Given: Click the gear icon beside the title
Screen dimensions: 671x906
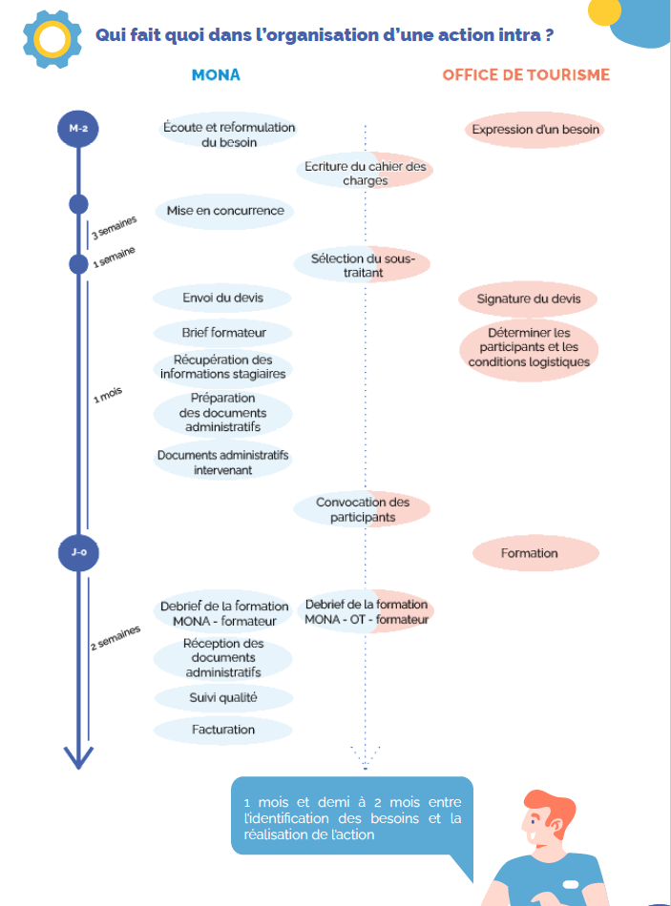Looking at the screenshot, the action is click(52, 39).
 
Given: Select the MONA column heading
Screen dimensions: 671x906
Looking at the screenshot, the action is click(216, 75).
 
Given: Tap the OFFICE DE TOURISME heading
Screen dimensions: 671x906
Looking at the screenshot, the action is click(526, 75).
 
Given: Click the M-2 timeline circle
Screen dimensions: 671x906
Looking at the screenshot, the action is click(78, 129).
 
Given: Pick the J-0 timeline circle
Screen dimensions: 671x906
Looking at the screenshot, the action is click(78, 553).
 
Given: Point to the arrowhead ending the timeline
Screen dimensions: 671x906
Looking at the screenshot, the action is click(78, 757).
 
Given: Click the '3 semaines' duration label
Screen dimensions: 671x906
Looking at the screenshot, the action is click(114, 227).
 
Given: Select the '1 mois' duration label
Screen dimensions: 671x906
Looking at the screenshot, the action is click(108, 395).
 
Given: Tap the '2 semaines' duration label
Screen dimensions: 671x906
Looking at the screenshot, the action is click(115, 638).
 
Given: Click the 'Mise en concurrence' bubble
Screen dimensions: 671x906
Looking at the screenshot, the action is click(225, 211).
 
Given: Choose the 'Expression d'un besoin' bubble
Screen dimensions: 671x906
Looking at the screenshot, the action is click(535, 130).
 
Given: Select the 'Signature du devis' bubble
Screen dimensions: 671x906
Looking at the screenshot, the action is click(528, 299).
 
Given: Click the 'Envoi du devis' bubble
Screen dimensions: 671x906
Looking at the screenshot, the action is click(222, 299).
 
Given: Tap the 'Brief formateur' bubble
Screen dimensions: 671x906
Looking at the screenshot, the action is click(223, 333).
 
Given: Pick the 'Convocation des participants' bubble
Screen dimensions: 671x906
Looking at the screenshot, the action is click(362, 509).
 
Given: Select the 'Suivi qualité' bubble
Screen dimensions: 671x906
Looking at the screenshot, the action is click(223, 698).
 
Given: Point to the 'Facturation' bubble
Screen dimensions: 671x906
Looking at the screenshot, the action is click(222, 730).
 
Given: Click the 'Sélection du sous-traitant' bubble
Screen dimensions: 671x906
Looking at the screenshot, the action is click(362, 264).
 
